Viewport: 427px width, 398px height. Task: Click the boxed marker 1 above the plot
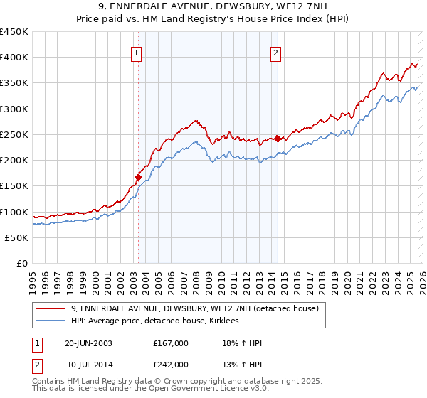pos(136,52)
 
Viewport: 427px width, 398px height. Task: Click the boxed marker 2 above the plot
pos(275,52)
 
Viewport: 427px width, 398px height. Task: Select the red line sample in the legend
pos(50,308)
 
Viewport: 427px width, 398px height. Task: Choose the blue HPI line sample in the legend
pos(50,321)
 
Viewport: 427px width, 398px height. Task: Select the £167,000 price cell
pos(170,344)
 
